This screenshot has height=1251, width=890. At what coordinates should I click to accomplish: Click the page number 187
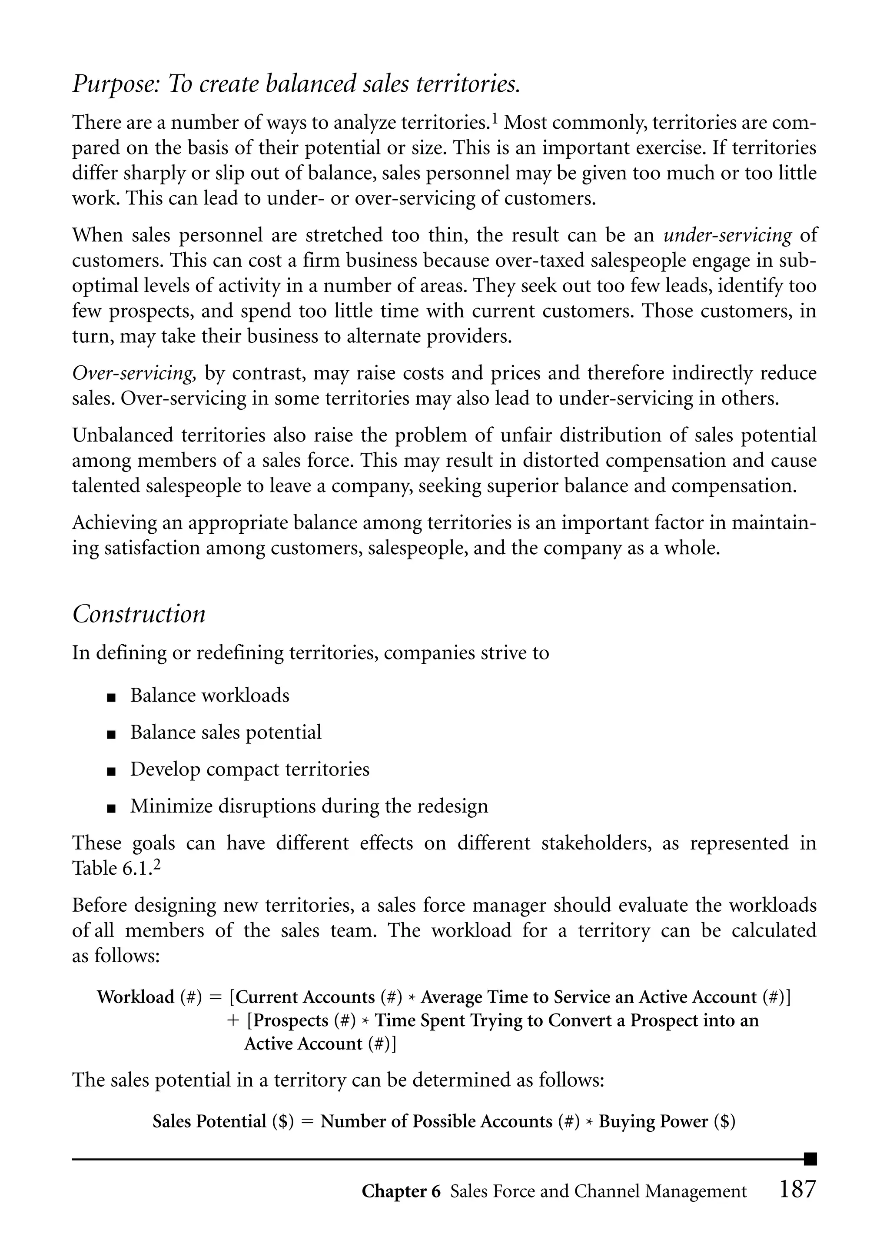797,1190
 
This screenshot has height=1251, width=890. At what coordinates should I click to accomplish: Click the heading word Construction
139,614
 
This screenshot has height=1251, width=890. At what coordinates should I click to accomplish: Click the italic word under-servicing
727,236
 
